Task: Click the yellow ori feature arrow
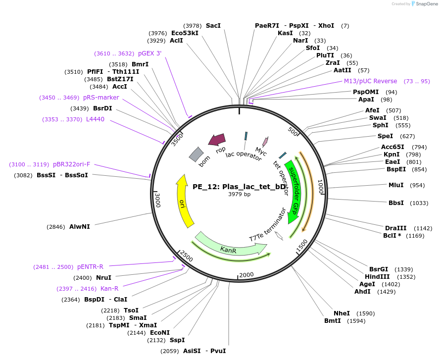(184, 201)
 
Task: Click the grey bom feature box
(196, 154)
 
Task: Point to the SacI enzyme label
(213, 26)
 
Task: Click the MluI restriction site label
(396, 185)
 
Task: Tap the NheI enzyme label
(342, 313)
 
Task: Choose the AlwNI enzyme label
(80, 227)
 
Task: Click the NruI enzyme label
(103, 278)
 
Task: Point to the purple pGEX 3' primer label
(149, 53)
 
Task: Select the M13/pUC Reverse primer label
(371, 81)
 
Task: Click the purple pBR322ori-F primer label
(72, 164)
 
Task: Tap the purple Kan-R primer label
(109, 289)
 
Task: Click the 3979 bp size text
(239, 194)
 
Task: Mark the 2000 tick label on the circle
(246, 275)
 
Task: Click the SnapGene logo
(423, 4)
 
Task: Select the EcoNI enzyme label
(160, 333)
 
